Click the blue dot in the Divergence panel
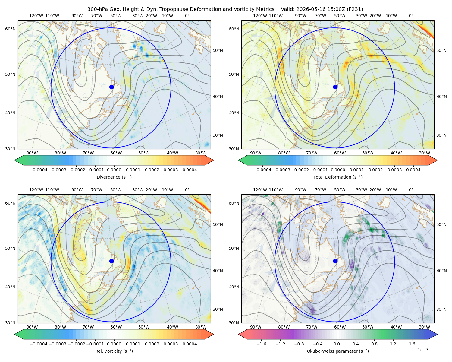coord(111,87)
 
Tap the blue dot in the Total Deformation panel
coord(335,87)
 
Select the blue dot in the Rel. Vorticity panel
coord(111,261)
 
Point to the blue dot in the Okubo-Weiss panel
coord(335,261)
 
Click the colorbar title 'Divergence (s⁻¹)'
coord(114,177)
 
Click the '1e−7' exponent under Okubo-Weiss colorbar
coord(422,350)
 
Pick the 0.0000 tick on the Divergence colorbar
coord(114,170)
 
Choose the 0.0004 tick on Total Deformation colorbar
coord(413,170)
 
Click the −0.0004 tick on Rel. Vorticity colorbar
coord(39,344)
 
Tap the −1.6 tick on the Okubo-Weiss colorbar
coord(261,344)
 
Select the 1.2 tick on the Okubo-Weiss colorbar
coord(393,344)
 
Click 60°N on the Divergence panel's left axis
coord(10,29)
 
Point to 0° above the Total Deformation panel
coord(411,16)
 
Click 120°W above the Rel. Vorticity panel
coord(36,190)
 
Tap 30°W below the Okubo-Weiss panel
coord(424,327)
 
